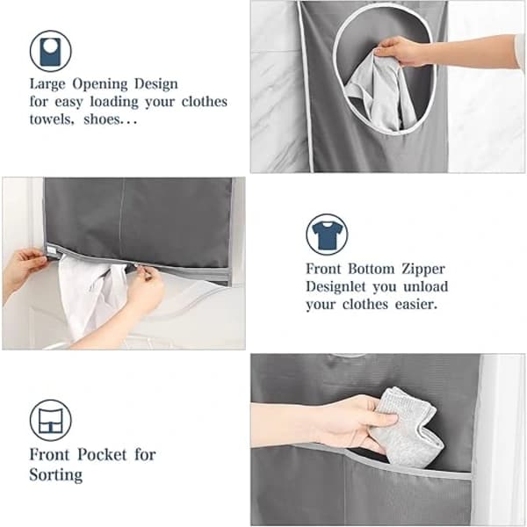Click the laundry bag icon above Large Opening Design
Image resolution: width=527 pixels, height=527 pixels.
(x=50, y=51)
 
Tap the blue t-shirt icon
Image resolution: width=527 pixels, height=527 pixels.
(x=327, y=235)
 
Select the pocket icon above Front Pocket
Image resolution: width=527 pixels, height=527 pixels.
(x=50, y=420)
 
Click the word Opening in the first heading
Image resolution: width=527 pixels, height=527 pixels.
(x=100, y=84)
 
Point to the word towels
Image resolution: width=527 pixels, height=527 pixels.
(x=52, y=119)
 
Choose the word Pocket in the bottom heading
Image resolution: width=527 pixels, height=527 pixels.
(x=102, y=455)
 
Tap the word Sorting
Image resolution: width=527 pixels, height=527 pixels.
(x=56, y=475)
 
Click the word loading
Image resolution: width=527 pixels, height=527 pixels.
(x=114, y=102)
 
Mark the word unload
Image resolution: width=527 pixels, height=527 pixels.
(x=426, y=287)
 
